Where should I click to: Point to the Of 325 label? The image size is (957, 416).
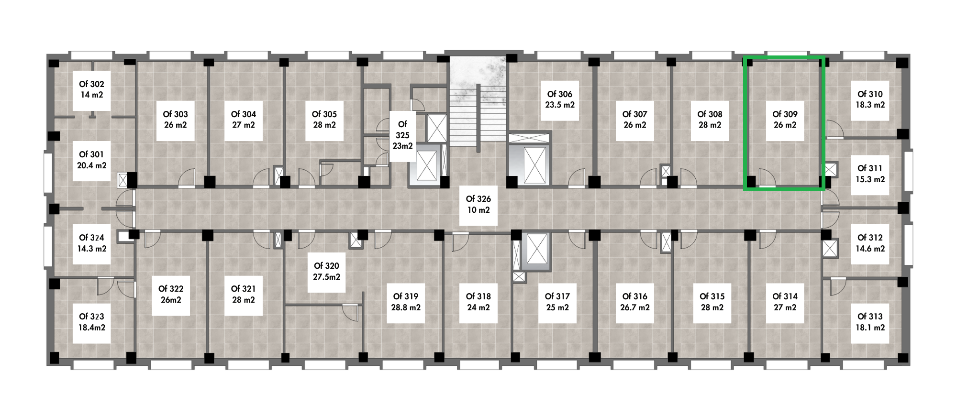[x=402, y=135]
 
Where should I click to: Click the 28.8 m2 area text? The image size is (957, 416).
[x=406, y=307]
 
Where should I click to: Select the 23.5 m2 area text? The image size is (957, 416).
[x=560, y=105]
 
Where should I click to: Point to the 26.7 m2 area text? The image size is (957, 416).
[x=635, y=307]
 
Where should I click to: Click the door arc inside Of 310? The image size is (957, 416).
[x=835, y=128]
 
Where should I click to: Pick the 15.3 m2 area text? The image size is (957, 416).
[x=870, y=179]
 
